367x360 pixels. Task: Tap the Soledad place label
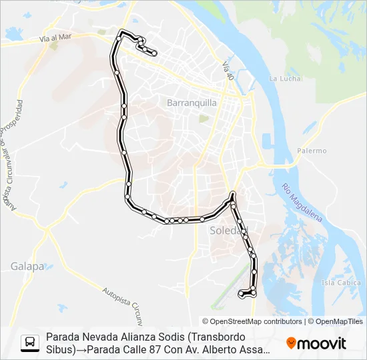pyautogui.click(x=229, y=231)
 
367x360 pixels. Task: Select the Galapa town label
pyautogui.click(x=27, y=266)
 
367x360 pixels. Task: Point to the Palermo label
pyautogui.click(x=312, y=151)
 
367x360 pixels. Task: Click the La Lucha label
pyautogui.click(x=282, y=78)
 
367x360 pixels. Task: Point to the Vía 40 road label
pyautogui.click(x=230, y=71)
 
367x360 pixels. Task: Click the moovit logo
pyautogui.click(x=316, y=343)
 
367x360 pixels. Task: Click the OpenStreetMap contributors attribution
pyautogui.click(x=256, y=321)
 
